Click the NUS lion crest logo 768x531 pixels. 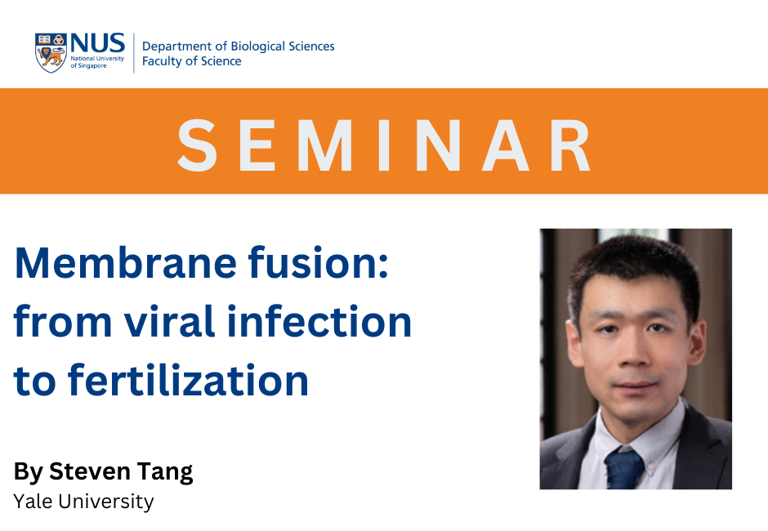tap(51, 53)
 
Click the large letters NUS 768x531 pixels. tap(97, 43)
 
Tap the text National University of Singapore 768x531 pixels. tap(97, 62)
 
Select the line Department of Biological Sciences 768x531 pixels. tap(238, 47)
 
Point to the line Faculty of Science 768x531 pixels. tap(191, 61)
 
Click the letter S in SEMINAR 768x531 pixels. tap(197, 145)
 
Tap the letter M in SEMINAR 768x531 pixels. tap(324, 145)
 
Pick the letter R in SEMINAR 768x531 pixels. tap(570, 145)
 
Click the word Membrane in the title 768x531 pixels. tap(125, 263)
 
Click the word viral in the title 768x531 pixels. tap(169, 321)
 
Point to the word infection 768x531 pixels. tap(319, 321)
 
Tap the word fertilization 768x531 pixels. tap(188, 380)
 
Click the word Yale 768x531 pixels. tap(33, 502)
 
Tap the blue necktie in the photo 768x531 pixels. tap(623, 469)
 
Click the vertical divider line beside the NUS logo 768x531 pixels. tap(134, 53)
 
